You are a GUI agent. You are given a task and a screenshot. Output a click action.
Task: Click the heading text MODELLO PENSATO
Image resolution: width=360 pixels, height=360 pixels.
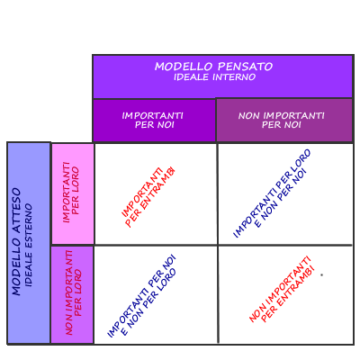click(213, 67)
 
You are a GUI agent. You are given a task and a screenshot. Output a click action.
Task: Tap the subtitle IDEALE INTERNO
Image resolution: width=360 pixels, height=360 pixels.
click(214, 77)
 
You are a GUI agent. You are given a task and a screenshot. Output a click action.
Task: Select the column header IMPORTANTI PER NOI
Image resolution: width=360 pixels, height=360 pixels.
click(153, 120)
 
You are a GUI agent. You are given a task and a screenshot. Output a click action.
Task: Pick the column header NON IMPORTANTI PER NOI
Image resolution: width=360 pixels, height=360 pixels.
click(282, 120)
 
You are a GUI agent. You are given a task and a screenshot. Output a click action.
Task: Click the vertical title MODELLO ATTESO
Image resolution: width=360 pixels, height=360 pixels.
click(16, 241)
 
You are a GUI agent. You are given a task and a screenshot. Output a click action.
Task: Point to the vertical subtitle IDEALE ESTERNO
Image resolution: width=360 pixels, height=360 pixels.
click(29, 246)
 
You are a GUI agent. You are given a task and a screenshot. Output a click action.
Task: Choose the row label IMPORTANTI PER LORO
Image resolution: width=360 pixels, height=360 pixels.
click(71, 193)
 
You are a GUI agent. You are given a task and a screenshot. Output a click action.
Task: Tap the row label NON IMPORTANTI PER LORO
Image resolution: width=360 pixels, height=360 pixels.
click(74, 292)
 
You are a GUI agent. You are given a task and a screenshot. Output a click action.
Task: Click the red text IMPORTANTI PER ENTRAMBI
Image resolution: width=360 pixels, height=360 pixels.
click(148, 196)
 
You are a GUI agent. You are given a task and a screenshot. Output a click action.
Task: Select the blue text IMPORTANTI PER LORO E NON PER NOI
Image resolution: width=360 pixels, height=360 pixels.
click(272, 193)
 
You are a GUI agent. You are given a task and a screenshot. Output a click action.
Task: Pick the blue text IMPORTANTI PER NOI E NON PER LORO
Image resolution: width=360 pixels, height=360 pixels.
click(141, 296)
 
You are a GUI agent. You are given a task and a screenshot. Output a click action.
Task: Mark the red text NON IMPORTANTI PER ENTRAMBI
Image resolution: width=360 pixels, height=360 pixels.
click(282, 289)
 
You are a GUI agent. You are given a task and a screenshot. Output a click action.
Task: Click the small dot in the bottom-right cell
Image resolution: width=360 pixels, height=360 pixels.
click(322, 274)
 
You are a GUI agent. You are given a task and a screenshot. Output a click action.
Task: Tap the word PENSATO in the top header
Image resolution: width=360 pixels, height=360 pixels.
click(246, 67)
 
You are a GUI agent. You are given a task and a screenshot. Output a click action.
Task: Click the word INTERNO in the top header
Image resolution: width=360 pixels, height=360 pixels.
click(234, 77)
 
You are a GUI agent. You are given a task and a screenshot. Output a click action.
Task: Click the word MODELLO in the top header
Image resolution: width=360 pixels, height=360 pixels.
click(184, 67)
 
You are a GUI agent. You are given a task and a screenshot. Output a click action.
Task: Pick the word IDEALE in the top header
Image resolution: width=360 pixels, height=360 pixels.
click(191, 77)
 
